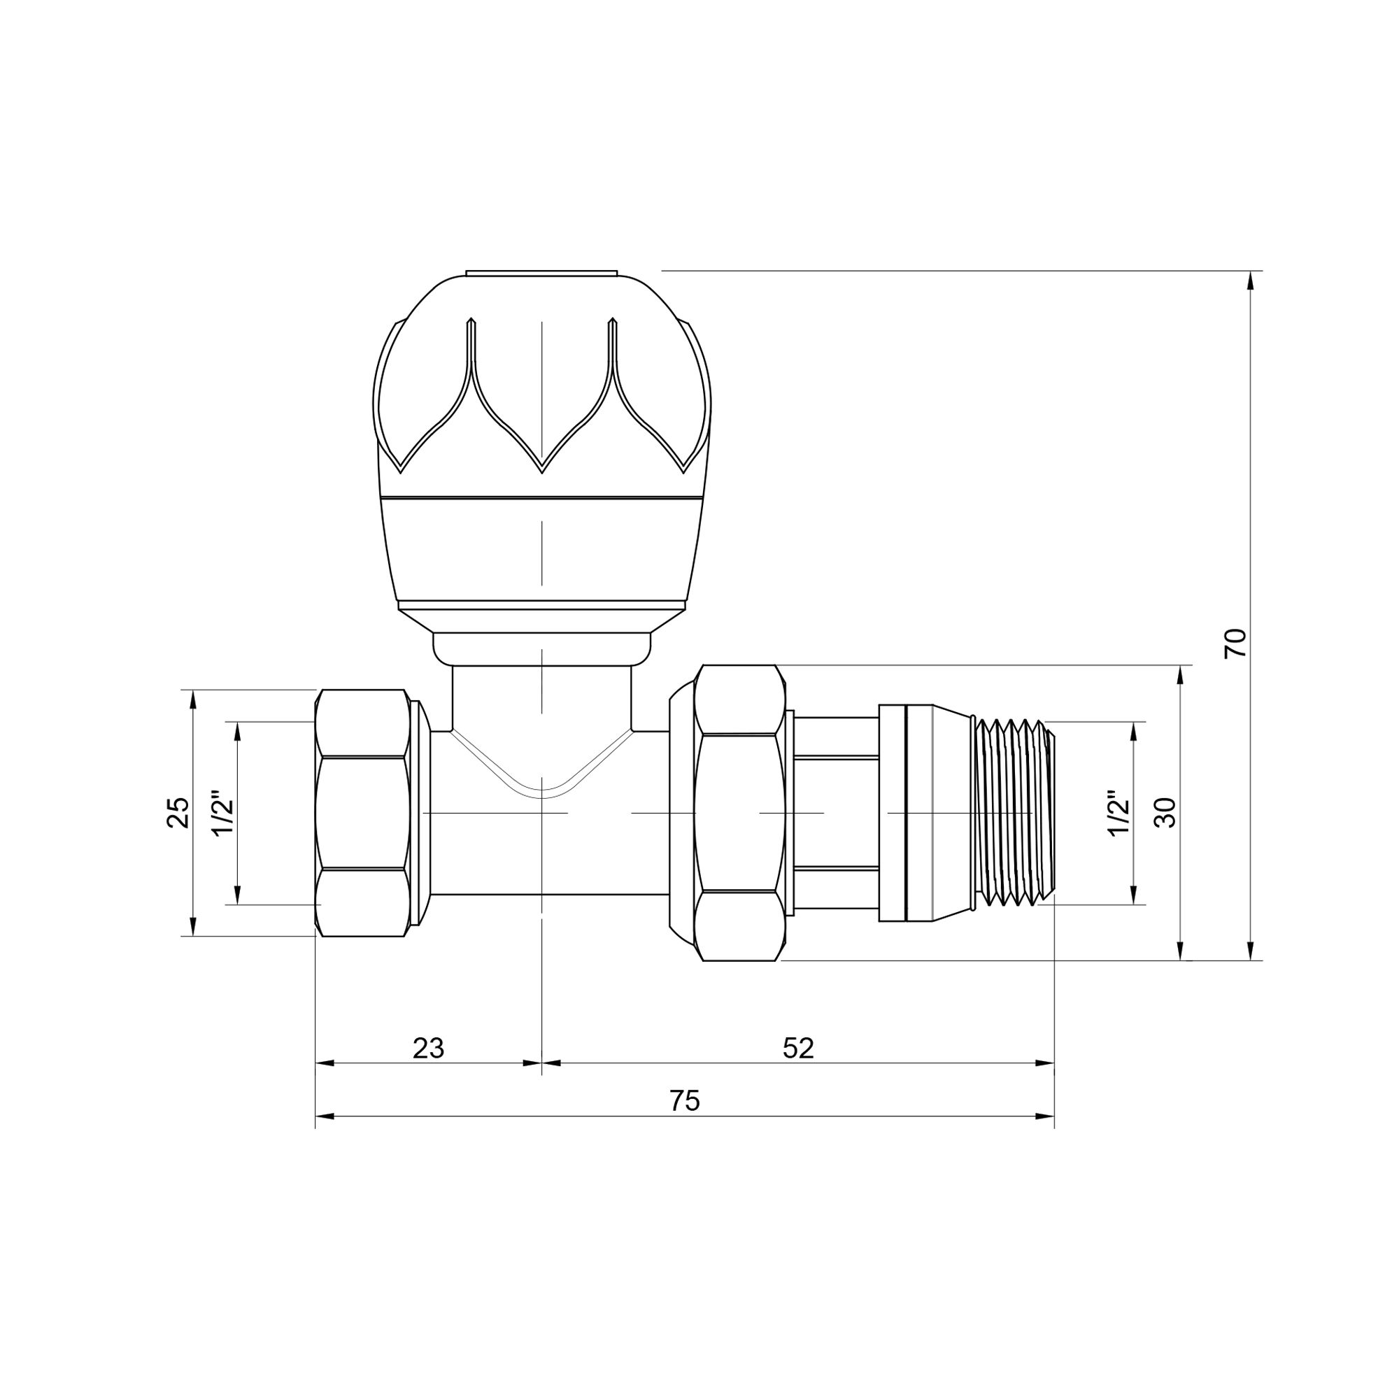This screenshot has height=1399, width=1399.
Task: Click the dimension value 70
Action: coord(1235,643)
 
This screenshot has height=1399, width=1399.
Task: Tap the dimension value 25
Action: coord(178,812)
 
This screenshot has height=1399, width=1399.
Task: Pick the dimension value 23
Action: coord(428,1048)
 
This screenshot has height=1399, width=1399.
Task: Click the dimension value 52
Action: coord(799,1048)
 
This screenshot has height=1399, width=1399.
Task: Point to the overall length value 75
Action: coord(685,1100)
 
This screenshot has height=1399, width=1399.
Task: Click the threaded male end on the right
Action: coord(1014,812)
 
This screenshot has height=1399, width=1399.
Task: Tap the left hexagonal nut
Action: coord(363,812)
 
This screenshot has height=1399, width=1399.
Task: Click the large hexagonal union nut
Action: coord(739,812)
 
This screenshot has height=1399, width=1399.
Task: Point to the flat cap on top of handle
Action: coord(541,273)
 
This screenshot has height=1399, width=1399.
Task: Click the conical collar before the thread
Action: coord(950,812)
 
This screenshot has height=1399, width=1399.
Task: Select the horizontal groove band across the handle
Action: coord(541,498)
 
